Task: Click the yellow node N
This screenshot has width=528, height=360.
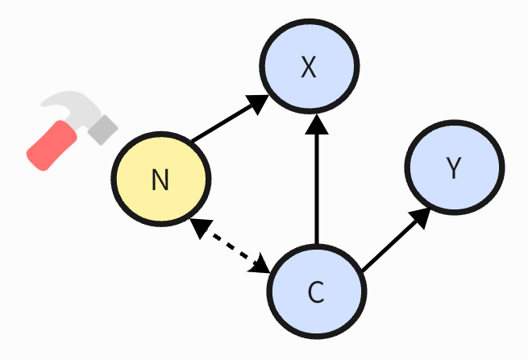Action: [161, 179]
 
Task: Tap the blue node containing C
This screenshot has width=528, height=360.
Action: [316, 291]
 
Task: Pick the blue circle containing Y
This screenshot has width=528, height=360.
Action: [454, 168]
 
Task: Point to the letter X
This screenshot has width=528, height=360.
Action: [308, 68]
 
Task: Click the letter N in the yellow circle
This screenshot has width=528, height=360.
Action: [160, 180]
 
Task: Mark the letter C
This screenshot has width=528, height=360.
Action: [316, 292]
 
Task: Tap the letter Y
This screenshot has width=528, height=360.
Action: [454, 169]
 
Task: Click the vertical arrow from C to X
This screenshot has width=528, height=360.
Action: [317, 185]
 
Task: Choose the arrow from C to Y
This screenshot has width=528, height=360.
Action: [393, 242]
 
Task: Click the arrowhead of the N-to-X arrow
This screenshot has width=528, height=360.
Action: [257, 102]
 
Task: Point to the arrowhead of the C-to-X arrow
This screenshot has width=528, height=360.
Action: [317, 125]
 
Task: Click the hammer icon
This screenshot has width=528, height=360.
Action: [72, 130]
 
